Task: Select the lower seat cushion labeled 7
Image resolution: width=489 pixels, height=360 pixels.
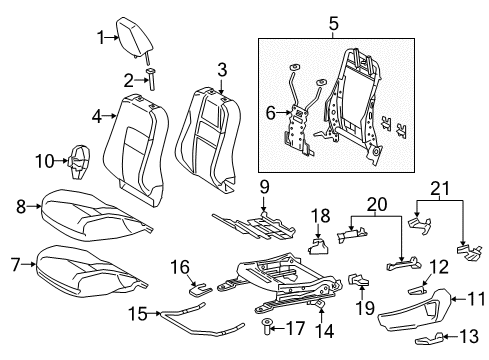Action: (90, 265)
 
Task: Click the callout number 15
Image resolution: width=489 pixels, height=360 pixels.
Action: (138, 313)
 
